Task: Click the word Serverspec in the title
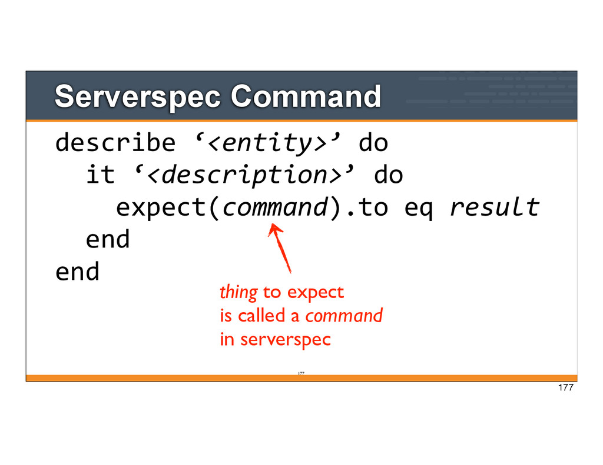(x=137, y=98)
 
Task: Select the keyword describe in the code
(x=115, y=142)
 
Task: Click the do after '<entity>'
(x=373, y=142)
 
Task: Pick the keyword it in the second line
(x=100, y=175)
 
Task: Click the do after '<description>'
(x=389, y=175)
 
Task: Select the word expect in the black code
(x=161, y=208)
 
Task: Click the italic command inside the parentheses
(x=276, y=208)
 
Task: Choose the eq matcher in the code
(x=419, y=209)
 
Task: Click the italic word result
(x=495, y=207)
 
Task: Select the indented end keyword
(x=108, y=239)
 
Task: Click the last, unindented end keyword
(x=77, y=272)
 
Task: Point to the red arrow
(x=280, y=249)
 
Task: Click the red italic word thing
(x=238, y=293)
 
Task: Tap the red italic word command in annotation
(x=344, y=316)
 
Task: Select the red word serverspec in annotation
(x=286, y=340)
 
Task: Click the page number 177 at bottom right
(x=566, y=387)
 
